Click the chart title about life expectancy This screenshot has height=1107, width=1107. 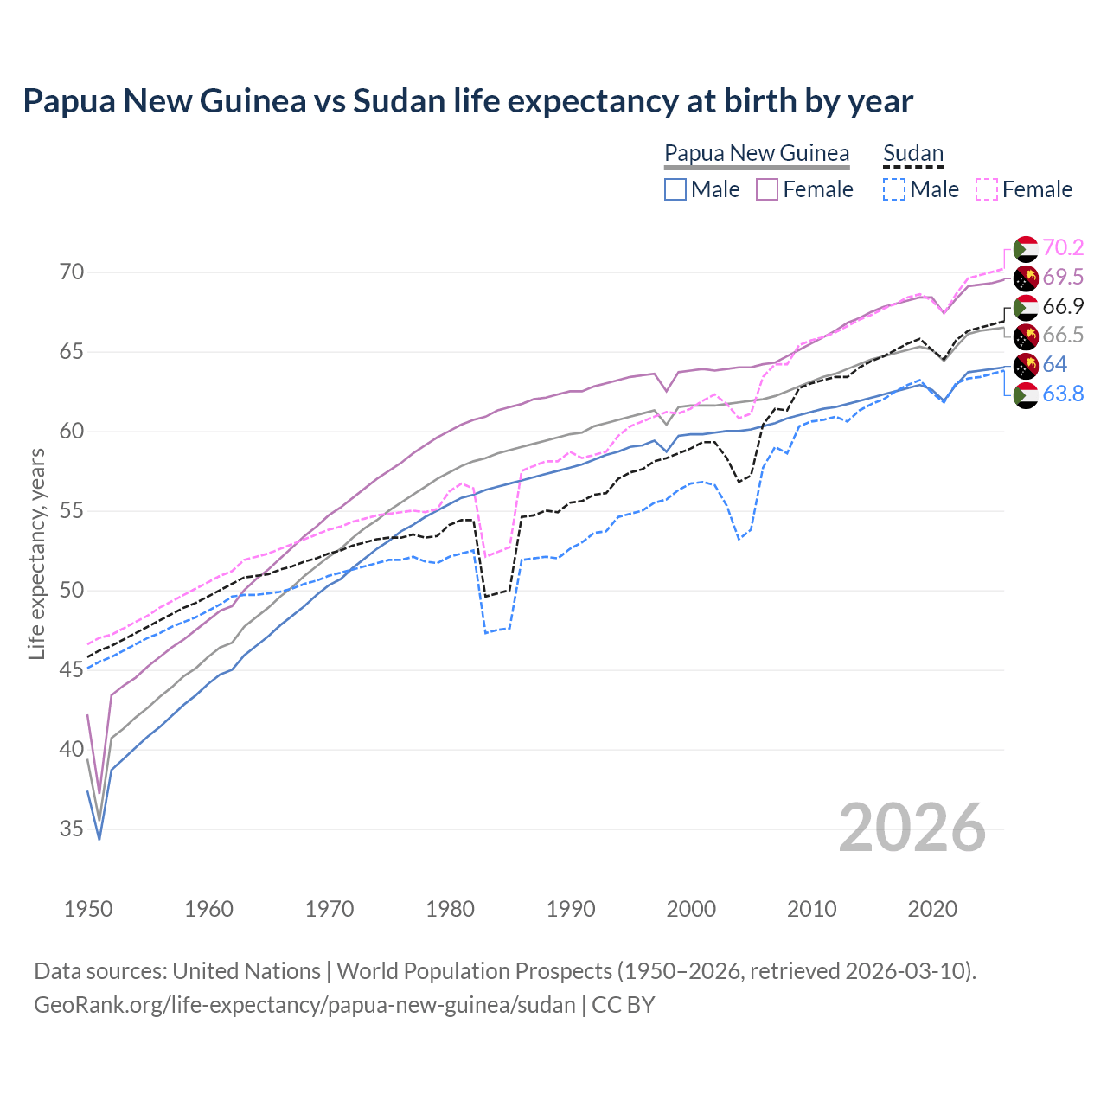coord(468,101)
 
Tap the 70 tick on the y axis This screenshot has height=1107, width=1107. coord(73,272)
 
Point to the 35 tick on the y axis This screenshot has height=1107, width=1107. coord(73,829)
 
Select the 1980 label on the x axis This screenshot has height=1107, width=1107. coord(451,909)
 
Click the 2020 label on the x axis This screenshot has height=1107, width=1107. coord(933,909)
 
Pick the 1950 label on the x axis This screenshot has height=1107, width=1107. coord(88,909)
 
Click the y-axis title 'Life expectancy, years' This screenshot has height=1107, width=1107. coord(37,553)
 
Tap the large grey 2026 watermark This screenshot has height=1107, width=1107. coord(912,828)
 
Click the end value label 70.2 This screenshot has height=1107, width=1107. coord(1063,248)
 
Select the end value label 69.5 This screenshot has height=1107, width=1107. coord(1063,277)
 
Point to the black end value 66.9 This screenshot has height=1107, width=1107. coord(1063,306)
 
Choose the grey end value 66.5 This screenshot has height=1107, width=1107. coord(1063,336)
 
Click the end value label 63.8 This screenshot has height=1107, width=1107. coord(1063,394)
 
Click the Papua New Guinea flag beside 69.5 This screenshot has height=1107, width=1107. coord(1026,278)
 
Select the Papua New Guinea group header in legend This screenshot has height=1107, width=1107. coord(757,154)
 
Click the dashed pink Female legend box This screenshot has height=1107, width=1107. coord(987,189)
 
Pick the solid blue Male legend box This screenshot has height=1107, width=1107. coord(675,189)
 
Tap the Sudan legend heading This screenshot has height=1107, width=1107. coord(913,154)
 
